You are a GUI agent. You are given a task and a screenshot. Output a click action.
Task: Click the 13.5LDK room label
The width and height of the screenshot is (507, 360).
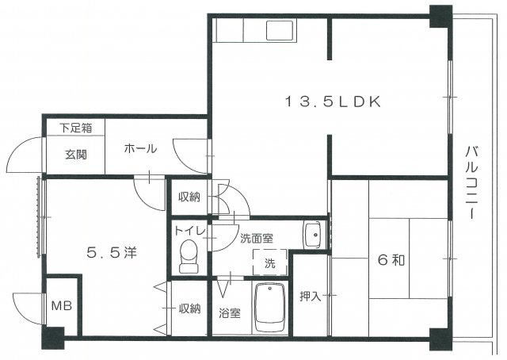pyautogui.click(x=334, y=101)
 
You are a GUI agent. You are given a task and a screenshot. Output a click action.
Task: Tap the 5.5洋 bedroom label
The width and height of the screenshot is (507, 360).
pyautogui.click(x=112, y=253)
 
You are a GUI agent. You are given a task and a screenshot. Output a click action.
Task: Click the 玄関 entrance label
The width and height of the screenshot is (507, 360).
pyautogui.click(x=76, y=153)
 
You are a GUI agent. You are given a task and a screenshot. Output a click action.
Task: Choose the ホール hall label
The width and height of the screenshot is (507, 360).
pyautogui.click(x=140, y=148)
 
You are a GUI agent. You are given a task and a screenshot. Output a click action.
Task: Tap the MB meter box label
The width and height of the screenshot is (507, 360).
pyautogui.click(x=61, y=305)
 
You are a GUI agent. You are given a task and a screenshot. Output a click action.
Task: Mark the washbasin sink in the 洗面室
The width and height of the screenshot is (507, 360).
pyautogui.click(x=313, y=233)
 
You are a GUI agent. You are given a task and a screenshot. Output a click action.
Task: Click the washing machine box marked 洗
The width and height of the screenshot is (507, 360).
pyautogui.click(x=269, y=261)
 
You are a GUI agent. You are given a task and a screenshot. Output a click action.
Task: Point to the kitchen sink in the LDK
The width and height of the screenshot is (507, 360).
pyautogui.click(x=280, y=31)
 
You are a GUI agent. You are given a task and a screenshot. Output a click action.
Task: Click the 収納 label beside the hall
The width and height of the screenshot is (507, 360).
pyautogui.click(x=189, y=196)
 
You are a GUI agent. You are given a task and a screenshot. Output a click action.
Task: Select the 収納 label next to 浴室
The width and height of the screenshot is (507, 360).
pyautogui.click(x=189, y=308)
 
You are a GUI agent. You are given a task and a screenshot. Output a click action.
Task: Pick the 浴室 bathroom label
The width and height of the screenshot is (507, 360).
pyautogui.click(x=230, y=312)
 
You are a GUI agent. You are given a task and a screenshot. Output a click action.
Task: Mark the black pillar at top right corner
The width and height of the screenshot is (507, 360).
pyautogui.click(x=439, y=15)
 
